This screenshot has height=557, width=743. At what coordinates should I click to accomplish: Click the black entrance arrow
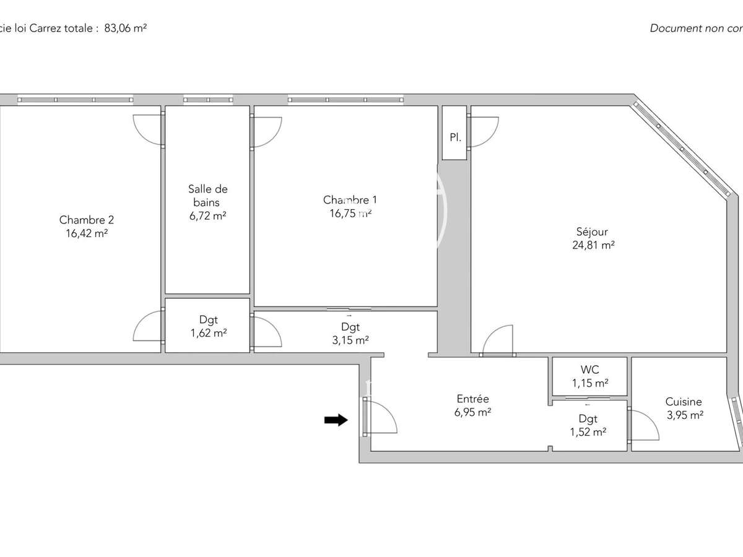click(x=336, y=420)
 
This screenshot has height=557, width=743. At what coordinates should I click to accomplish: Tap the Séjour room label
click(x=592, y=232)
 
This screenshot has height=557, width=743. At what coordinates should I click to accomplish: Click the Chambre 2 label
click(x=87, y=220)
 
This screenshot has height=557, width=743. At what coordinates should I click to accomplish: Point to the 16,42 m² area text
click(x=87, y=233)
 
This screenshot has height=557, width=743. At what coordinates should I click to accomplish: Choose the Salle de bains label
click(x=207, y=196)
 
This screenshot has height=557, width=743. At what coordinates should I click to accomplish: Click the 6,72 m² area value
click(x=207, y=215)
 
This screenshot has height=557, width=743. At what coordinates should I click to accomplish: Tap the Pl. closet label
click(x=454, y=137)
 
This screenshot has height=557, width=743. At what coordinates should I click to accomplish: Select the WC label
click(x=589, y=370)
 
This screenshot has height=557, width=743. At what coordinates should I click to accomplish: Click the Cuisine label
click(x=684, y=402)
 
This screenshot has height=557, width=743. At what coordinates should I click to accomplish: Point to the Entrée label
click(x=472, y=399)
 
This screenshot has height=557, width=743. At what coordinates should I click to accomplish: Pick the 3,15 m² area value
click(x=350, y=340)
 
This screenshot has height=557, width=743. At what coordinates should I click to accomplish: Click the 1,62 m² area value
click(x=207, y=333)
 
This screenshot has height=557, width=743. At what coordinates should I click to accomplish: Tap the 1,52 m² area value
click(x=588, y=432)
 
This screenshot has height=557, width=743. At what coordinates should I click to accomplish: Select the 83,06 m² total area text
click(x=125, y=28)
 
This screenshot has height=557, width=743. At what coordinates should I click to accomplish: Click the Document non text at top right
click(x=695, y=28)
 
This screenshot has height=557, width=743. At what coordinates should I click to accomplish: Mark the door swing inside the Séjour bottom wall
click(x=498, y=340)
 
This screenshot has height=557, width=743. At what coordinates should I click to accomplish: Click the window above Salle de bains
click(x=208, y=100)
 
